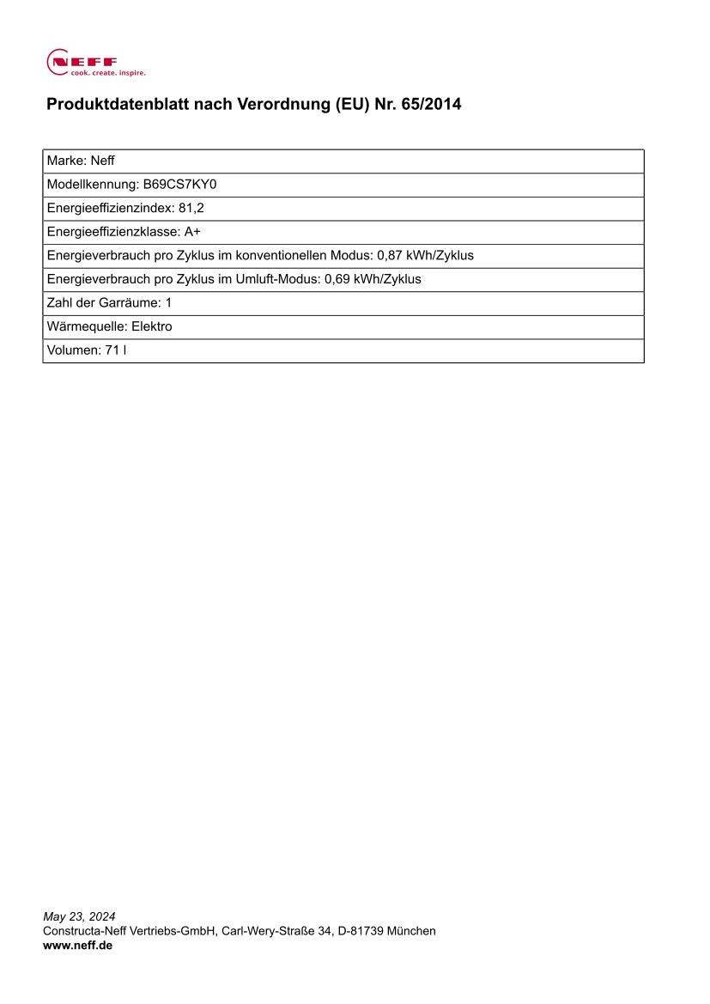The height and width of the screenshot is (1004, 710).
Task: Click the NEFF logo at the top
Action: (94, 62)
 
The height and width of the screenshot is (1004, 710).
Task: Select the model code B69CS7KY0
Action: (179, 185)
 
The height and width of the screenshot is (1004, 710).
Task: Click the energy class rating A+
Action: (192, 232)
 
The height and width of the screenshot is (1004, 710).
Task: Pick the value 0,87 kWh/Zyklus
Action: (426, 255)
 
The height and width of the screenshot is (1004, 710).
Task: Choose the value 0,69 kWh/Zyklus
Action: (373, 279)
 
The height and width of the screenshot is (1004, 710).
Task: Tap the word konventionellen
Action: (282, 255)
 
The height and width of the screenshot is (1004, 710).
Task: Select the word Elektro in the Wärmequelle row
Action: (152, 326)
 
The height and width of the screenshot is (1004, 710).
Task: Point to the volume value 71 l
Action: (116, 350)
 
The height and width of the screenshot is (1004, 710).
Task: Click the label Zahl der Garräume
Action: (103, 303)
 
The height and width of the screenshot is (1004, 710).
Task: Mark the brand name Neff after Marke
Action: (102, 161)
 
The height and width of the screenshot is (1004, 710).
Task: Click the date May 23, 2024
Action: (79, 916)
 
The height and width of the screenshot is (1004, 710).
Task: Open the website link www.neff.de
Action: (77, 945)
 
